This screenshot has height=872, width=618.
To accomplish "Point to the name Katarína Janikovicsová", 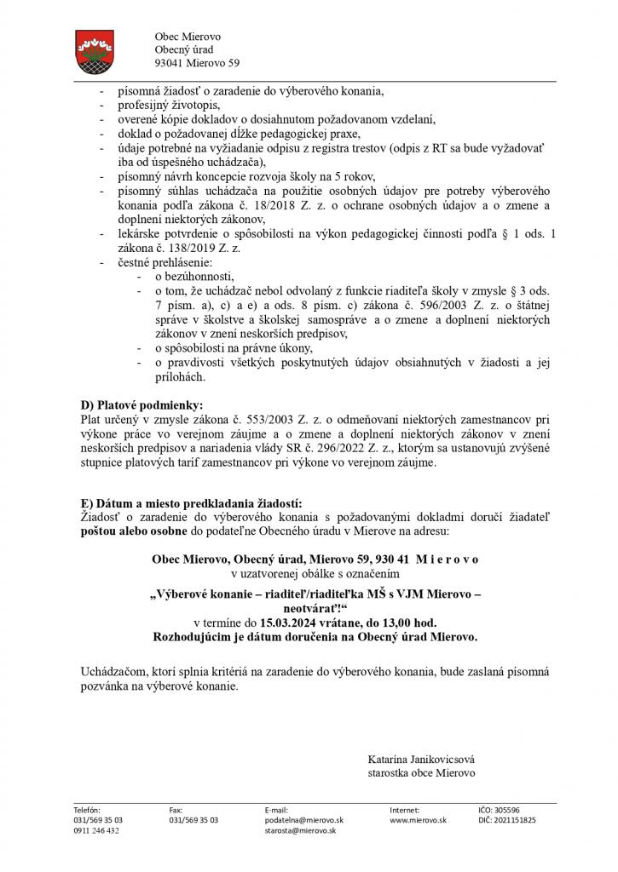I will pos(422,759).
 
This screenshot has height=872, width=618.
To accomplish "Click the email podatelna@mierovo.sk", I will pos(303,819).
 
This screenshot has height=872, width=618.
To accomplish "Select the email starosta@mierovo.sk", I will pos(300,830).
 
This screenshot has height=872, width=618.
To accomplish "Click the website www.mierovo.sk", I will pos(414,819).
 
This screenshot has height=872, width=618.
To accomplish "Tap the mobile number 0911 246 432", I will pos(96,830).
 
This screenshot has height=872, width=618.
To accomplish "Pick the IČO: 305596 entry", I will pos(499,809).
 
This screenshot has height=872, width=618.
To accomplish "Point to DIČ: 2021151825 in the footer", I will pos(507,819).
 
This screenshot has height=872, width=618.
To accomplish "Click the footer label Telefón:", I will pos(88,809).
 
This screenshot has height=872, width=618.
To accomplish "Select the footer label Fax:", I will pos(176,809).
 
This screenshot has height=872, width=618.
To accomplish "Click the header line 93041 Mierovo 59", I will pos(197,63).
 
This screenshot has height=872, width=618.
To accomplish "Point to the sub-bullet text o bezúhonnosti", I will pos(193,278).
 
